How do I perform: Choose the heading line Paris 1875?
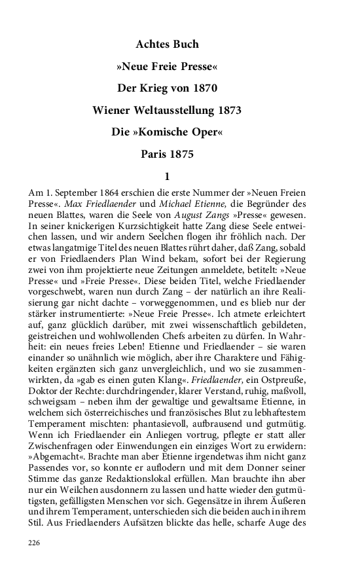point(167,155)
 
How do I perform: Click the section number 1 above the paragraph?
point(168,176)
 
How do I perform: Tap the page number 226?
point(35,543)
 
